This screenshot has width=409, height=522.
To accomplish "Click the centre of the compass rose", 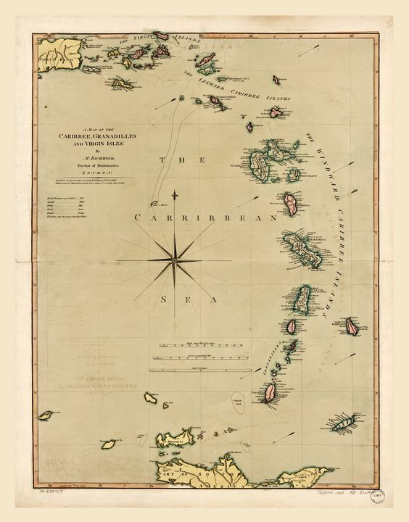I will pyautogui.click(x=176, y=258).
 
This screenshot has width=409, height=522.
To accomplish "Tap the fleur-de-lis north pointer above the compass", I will pyautogui.click(x=176, y=197).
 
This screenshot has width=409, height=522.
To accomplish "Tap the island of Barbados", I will pyautogui.click(x=352, y=326).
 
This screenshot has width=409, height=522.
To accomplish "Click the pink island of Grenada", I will pyautogui.click(x=270, y=392).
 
